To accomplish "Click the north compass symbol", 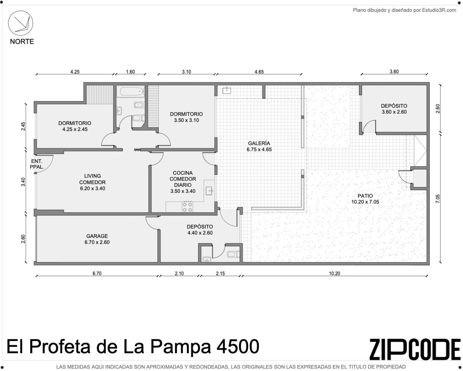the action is (20, 23).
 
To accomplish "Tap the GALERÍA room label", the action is (259, 143).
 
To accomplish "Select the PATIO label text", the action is (365, 196).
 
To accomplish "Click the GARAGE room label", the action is (97, 236).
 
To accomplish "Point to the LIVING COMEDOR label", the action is (92, 179).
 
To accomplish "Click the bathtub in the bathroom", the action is (132, 91).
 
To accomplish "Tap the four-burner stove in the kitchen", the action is (187, 207).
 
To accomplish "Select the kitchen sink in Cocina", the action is (209, 191).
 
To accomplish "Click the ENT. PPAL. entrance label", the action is (37, 164).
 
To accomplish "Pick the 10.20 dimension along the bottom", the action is (334, 273).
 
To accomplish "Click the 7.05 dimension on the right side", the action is (438, 199).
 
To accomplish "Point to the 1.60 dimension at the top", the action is (130, 72).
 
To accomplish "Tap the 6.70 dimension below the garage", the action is (97, 273).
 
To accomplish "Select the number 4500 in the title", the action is (238, 347).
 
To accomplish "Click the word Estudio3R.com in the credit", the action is (439, 10).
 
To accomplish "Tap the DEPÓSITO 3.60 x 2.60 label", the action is (394, 109).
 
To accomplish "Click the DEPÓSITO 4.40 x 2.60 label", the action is (200, 230).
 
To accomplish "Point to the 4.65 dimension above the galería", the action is (259, 72).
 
